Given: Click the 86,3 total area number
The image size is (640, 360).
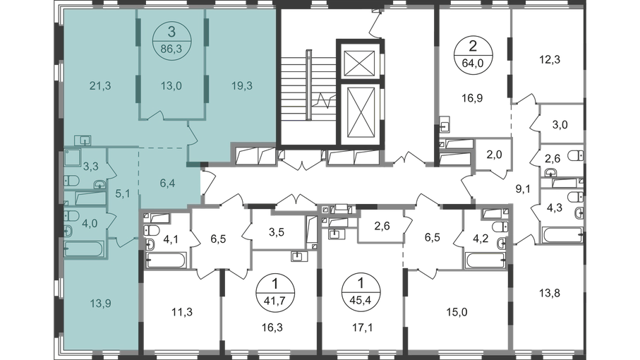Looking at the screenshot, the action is coord(171,50).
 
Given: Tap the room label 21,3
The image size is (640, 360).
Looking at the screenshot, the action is coord(100,86).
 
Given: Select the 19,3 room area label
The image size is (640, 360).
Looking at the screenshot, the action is coord(242,86).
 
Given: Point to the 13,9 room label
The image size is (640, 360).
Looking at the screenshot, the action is coord(100,304).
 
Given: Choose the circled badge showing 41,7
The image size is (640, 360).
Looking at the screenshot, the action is coord(275,292).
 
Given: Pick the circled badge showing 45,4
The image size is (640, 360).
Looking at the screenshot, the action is coord(361,292).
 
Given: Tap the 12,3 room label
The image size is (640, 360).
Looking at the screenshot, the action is coord(550,59).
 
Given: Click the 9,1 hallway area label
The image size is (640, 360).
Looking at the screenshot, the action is coord(523,188).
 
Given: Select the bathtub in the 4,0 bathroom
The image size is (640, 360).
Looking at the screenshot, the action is coord(85,249).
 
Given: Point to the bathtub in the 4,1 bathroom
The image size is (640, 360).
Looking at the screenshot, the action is coord(166,260).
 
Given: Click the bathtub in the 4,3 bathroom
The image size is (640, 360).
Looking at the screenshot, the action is coord(562,235).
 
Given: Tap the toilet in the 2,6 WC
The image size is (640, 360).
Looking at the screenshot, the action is coord(576,155).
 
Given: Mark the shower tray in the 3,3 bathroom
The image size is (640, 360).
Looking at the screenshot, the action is coord(73,158).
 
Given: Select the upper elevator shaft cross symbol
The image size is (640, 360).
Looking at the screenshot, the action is coord(359,64).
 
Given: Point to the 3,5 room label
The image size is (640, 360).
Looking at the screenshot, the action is coord(277,232).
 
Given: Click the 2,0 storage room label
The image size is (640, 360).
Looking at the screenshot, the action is coord(494,155).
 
